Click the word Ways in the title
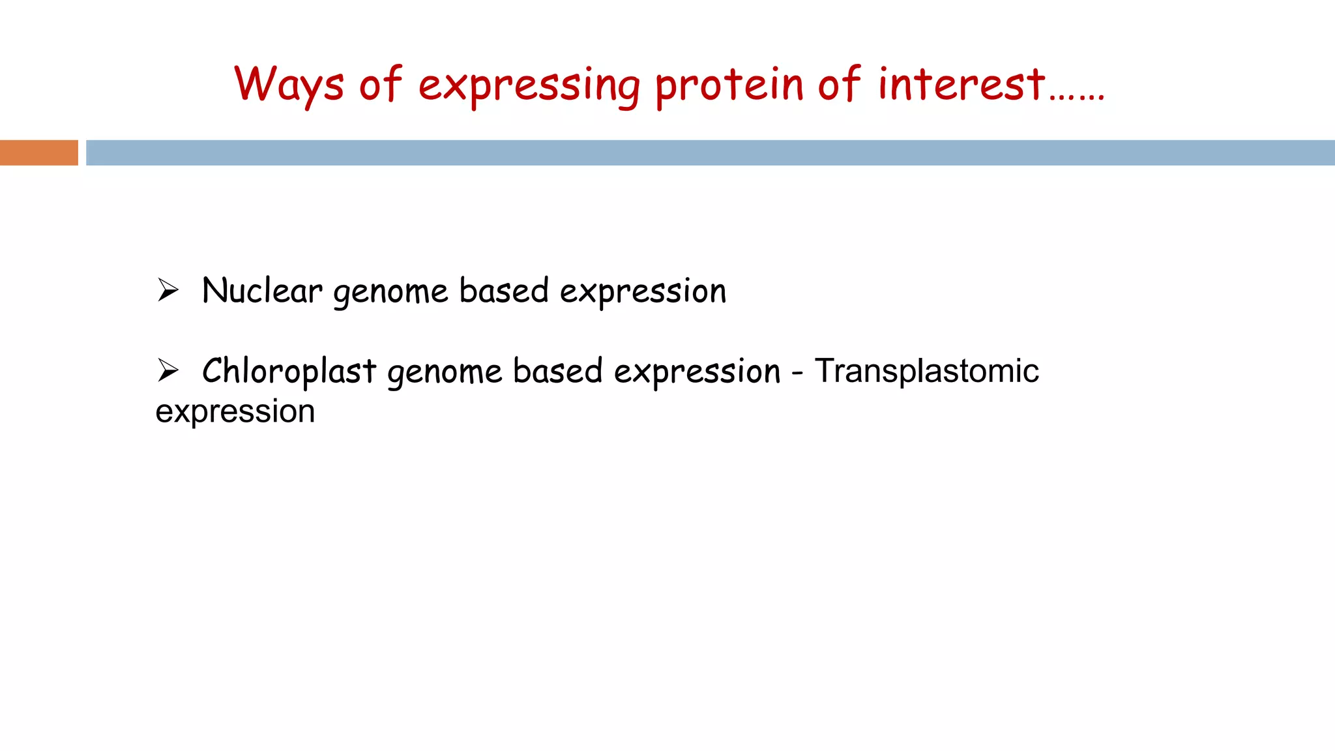click(x=289, y=85)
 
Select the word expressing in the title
click(x=529, y=87)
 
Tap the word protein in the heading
click(x=729, y=87)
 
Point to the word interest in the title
click(x=961, y=85)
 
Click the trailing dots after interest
click(x=1077, y=97)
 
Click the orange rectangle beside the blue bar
click(x=39, y=153)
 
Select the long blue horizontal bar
click(x=709, y=153)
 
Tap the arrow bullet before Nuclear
click(x=168, y=290)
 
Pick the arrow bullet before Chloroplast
click(x=168, y=370)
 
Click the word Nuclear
click(x=262, y=291)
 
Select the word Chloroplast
click(x=289, y=371)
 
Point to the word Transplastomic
click(x=926, y=372)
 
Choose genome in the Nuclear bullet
click(x=390, y=293)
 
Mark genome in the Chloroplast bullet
click(x=445, y=373)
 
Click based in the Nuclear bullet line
click(x=504, y=291)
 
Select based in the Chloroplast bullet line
click(x=558, y=371)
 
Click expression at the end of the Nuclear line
click(x=643, y=293)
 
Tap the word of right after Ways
click(x=381, y=85)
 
